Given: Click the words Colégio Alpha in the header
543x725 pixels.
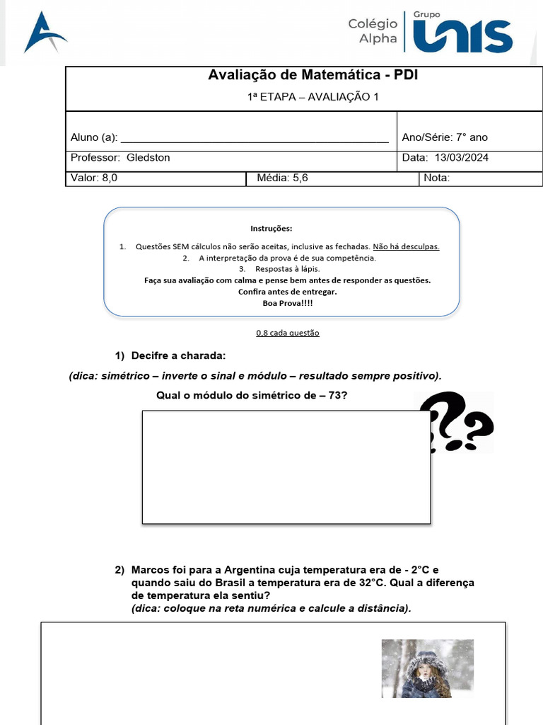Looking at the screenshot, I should tap(373, 31).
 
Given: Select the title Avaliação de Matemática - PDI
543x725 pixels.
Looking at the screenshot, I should tap(313, 75).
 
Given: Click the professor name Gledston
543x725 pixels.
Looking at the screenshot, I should tap(148, 158).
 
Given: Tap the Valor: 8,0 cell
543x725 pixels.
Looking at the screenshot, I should tap(95, 178).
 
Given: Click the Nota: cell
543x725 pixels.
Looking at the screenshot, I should tap(437, 178).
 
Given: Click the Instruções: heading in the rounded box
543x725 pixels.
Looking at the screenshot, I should tap(271, 229).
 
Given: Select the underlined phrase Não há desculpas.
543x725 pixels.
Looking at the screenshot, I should tap(406, 246).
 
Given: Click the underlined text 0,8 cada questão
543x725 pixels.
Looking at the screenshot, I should tap(287, 333).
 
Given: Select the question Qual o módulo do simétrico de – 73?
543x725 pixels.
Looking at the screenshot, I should tap(252, 395).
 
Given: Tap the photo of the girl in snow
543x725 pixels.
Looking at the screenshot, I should tap(427, 668).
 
